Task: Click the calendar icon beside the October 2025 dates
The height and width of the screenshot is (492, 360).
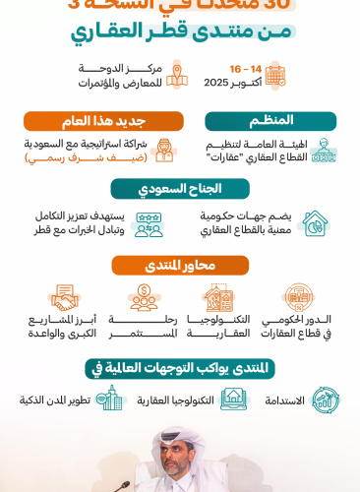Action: tap(274, 75)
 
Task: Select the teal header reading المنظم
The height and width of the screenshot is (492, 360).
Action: tap(270, 120)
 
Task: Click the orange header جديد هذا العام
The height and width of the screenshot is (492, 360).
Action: tap(104, 121)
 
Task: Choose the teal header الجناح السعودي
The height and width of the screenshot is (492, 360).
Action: tap(180, 188)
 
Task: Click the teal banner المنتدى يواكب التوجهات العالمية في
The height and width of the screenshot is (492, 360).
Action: tap(180, 368)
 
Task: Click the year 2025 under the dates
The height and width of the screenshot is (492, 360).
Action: tap(215, 83)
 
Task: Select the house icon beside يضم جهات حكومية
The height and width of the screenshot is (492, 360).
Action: tap(314, 223)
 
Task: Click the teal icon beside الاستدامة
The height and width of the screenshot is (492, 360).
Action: tap(326, 400)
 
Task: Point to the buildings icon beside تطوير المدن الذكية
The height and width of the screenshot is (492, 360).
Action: tap(110, 399)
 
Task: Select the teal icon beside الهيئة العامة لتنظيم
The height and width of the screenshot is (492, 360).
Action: tap(324, 151)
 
